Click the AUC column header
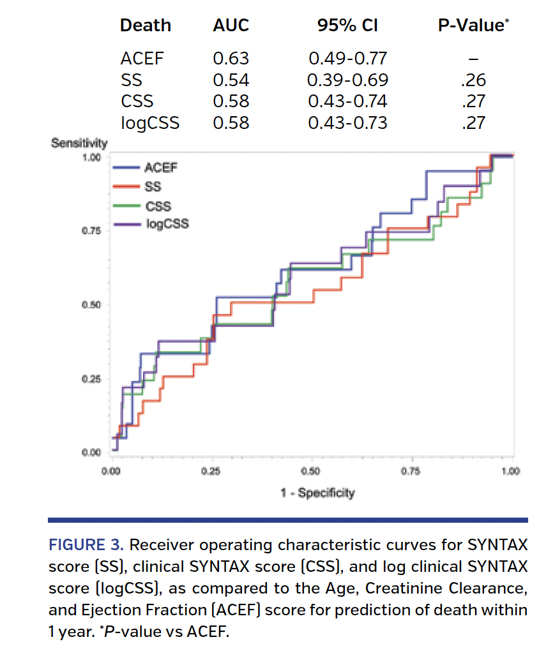(x=231, y=26)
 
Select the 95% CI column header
(x=347, y=26)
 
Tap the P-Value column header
(x=473, y=26)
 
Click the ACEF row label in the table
(x=142, y=59)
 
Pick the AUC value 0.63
(x=231, y=59)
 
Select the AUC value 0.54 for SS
(x=231, y=80)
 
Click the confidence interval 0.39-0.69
(x=347, y=80)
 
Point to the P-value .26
(x=473, y=80)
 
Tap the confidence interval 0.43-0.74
(x=347, y=101)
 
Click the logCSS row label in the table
(x=150, y=122)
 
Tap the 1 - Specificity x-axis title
(x=317, y=493)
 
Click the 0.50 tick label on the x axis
(x=310, y=472)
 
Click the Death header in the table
(x=146, y=26)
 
